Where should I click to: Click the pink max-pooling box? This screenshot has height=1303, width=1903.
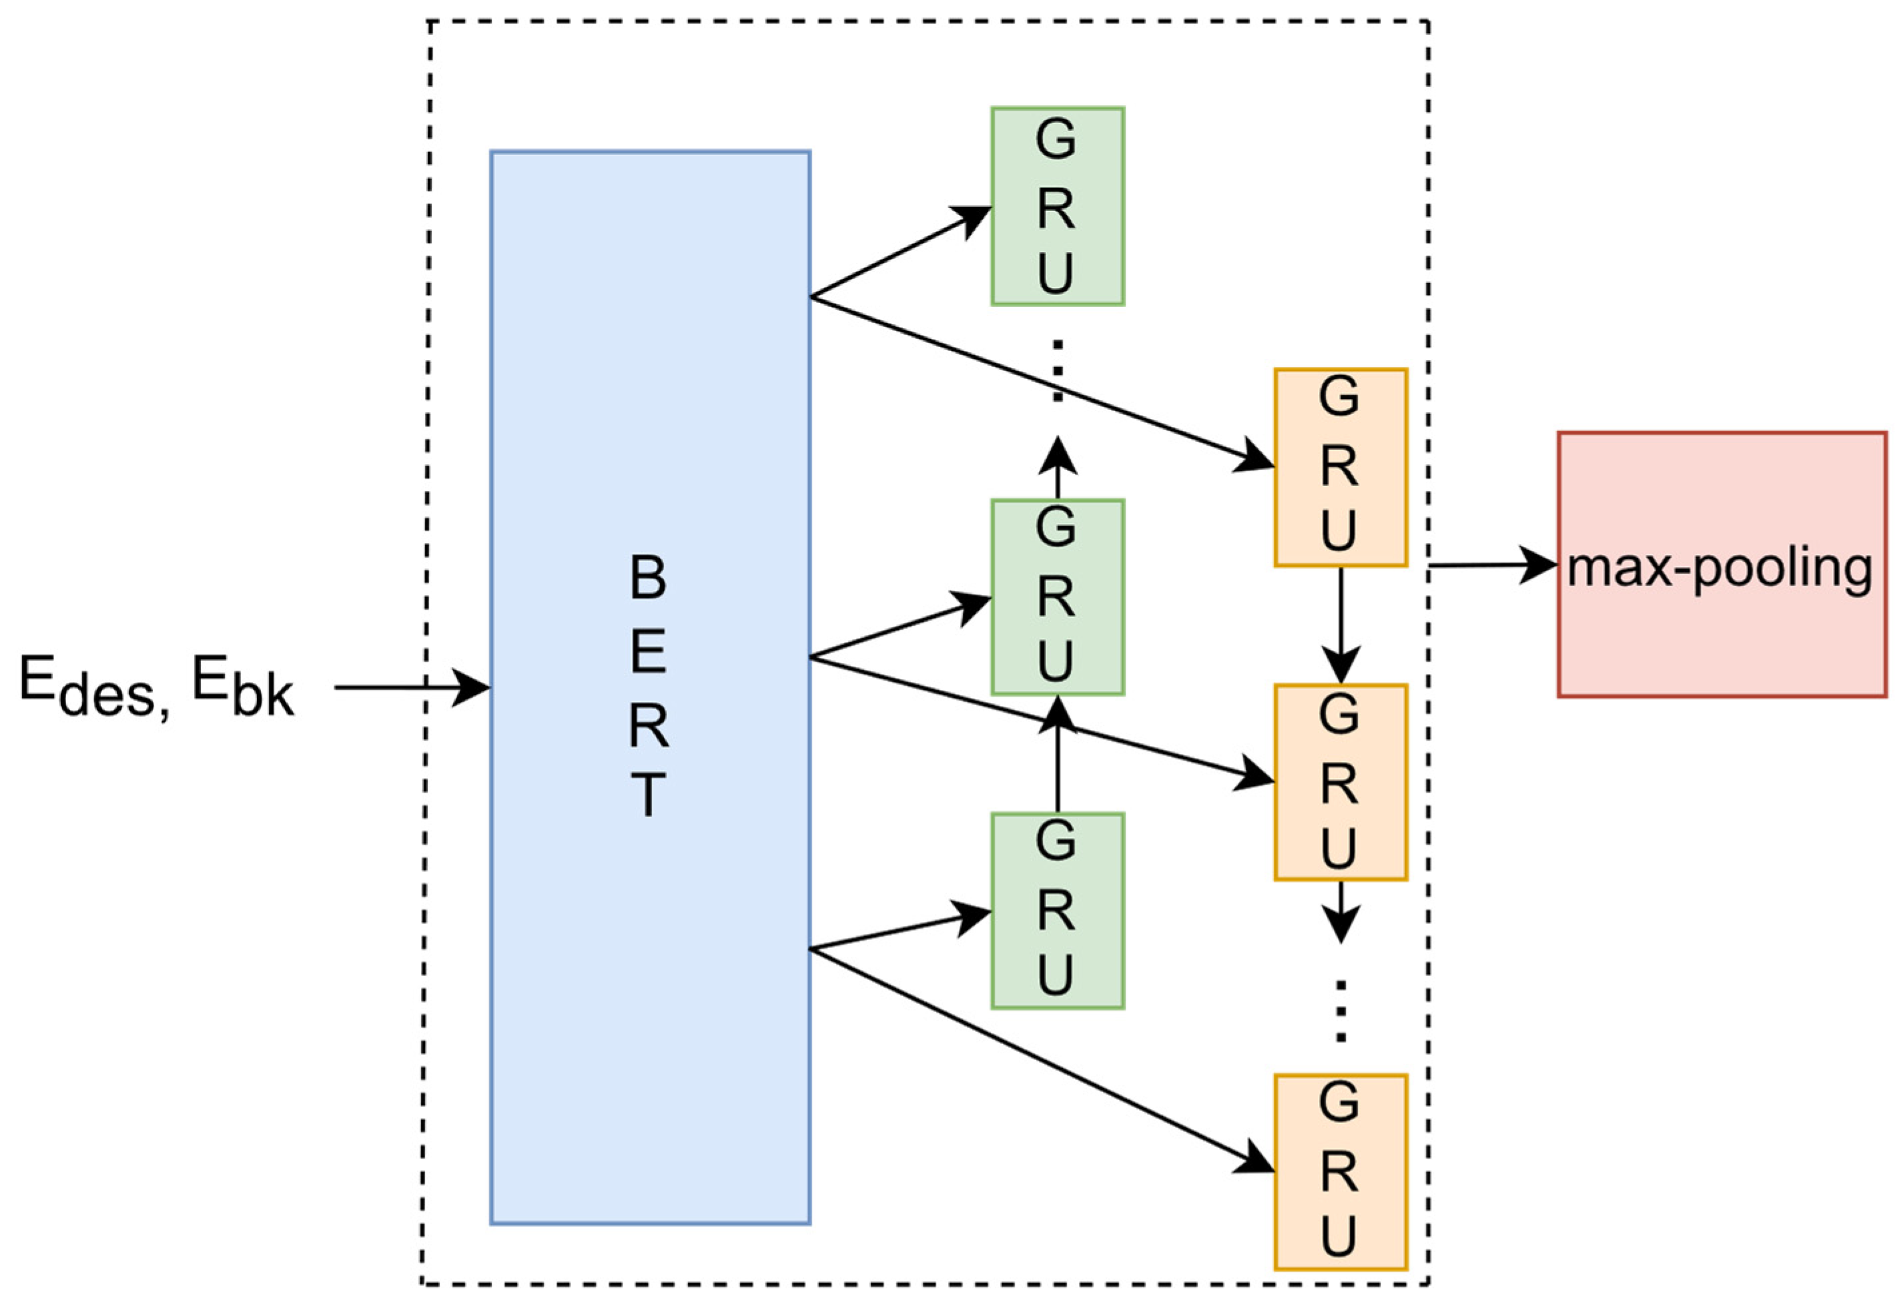[x=1722, y=565]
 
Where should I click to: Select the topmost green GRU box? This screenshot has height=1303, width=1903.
[x=1057, y=206]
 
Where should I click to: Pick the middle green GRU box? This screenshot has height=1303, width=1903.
[x=1057, y=597]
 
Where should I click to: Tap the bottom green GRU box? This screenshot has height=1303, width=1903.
[x=1057, y=911]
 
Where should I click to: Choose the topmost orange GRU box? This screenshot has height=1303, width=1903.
[x=1341, y=468]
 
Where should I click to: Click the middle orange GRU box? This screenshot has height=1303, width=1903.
[x=1341, y=782]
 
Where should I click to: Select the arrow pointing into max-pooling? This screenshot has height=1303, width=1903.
[x=1490, y=565]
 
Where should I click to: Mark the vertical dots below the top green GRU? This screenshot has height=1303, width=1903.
[x=1057, y=370]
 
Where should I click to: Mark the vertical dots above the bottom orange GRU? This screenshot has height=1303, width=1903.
[x=1341, y=1011]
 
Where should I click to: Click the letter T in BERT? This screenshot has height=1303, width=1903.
[x=649, y=795]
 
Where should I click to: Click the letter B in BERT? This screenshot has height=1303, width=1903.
[x=649, y=577]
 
